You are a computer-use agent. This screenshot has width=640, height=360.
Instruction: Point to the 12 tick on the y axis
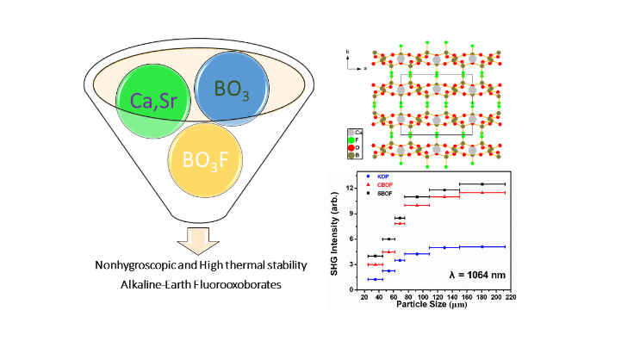(353, 187)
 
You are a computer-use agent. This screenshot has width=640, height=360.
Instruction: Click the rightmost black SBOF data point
(482, 184)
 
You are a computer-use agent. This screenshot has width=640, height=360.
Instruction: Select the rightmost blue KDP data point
(482, 246)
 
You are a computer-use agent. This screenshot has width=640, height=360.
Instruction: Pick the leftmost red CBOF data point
(376, 264)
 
